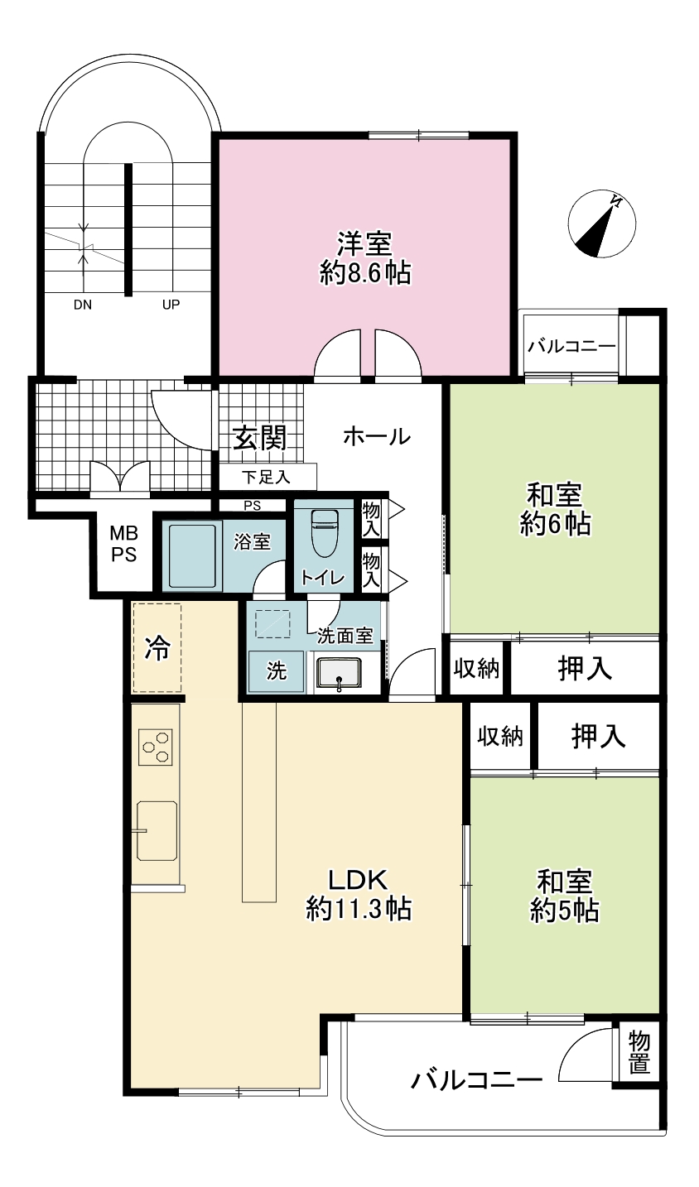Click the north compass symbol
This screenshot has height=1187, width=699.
601,223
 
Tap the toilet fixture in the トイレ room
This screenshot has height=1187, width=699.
323,532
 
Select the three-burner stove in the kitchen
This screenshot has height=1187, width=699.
156,747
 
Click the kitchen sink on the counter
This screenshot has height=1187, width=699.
157,830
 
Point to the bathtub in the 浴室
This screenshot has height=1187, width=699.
192,556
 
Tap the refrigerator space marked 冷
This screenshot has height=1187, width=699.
157,647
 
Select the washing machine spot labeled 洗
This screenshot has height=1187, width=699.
277,671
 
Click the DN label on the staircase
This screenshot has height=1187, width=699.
82,305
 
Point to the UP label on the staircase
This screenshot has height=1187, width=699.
171,305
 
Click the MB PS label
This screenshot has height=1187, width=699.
123,544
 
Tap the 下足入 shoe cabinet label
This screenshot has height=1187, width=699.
266,478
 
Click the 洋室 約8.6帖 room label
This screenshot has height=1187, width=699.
365,258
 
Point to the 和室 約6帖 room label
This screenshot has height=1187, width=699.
555,509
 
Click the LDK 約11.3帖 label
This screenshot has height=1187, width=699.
359,895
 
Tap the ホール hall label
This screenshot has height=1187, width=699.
377,437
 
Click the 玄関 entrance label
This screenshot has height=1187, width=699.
260,438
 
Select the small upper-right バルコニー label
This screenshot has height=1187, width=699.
571,347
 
